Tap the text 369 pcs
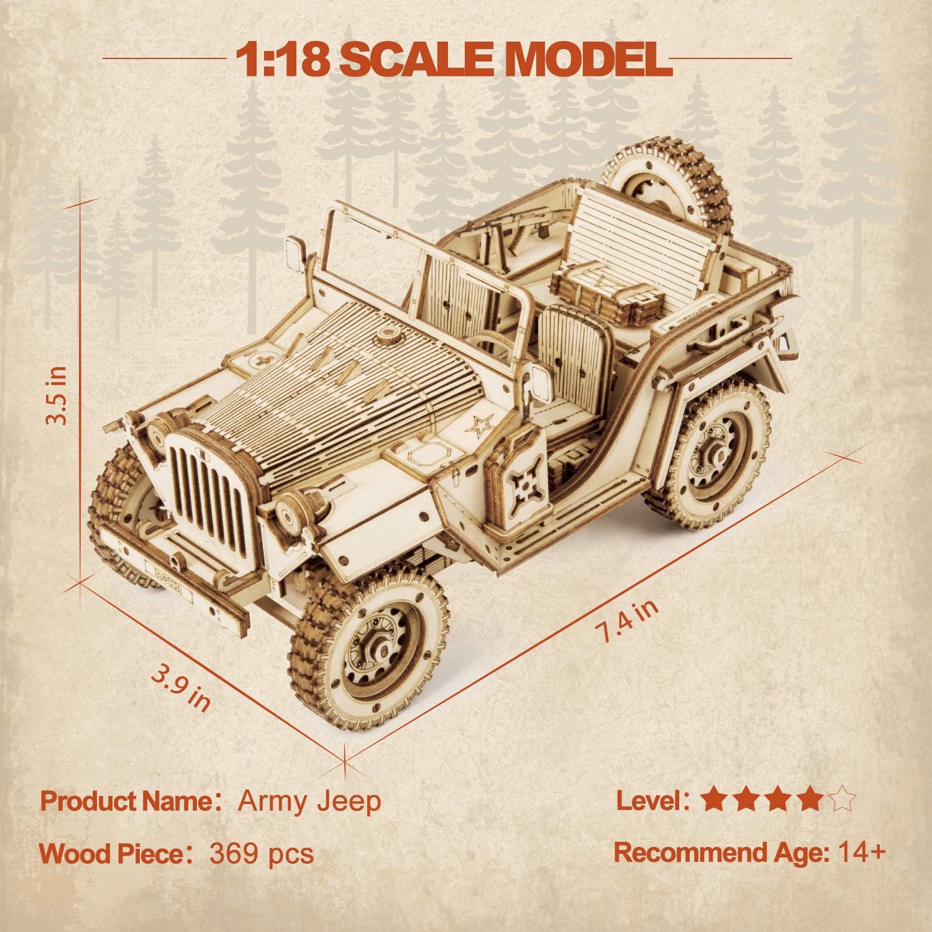point(262,854)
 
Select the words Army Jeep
point(309,802)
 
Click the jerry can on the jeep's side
point(521,478)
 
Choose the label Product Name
point(127,802)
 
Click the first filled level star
point(713,800)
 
